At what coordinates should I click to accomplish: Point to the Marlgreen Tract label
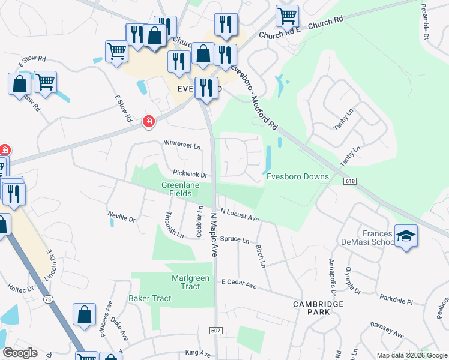[177, 282]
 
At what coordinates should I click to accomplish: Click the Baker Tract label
[149, 298]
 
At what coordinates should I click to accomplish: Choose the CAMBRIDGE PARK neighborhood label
[318, 308]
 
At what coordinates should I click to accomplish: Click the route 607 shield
[216, 331]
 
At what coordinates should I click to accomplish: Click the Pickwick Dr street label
[190, 175]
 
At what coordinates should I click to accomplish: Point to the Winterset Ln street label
[182, 144]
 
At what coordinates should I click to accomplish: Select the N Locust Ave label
[239, 214]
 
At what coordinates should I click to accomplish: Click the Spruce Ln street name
[234, 239]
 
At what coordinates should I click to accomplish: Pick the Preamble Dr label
[424, 19]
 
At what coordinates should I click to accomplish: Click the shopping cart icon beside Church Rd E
[288, 16]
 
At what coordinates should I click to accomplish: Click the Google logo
[20, 353]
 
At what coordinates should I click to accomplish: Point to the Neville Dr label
[122, 217]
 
